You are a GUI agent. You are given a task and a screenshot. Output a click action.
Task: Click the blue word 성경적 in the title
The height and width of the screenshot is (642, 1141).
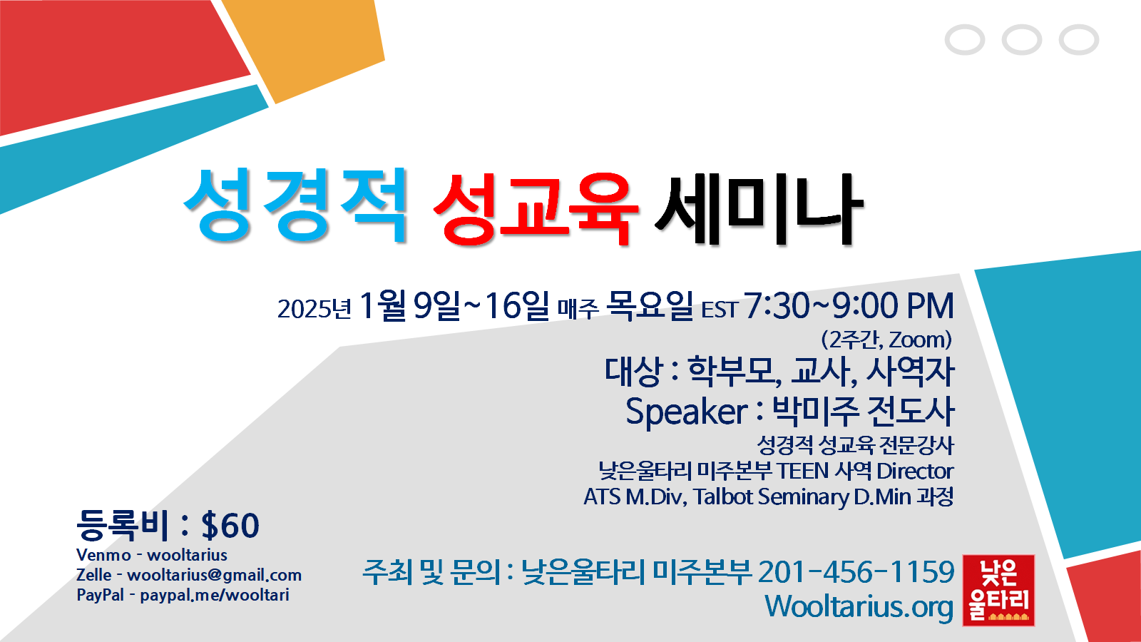coord(295,205)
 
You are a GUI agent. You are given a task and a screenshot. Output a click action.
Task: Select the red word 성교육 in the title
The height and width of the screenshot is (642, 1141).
coord(536,209)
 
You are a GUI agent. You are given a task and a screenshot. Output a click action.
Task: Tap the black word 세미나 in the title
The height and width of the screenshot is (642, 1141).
coord(759,209)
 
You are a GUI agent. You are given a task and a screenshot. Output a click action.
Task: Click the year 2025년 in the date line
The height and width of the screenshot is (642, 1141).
coord(314,309)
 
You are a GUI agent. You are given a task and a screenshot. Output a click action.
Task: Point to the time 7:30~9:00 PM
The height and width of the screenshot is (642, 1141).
coord(849,306)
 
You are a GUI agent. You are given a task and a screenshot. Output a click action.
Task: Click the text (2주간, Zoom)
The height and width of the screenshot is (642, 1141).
coord(886,340)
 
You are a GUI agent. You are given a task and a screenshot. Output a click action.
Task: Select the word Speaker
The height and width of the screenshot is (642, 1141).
coord(686,412)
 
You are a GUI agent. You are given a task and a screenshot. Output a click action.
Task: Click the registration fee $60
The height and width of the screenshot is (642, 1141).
coord(230,526)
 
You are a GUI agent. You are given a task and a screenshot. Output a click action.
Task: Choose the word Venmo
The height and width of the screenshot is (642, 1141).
coord(103,555)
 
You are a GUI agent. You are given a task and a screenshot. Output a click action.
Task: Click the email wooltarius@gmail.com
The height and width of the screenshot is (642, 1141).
coord(215,575)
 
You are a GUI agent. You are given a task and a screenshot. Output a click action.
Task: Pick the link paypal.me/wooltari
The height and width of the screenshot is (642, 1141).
coord(215,595)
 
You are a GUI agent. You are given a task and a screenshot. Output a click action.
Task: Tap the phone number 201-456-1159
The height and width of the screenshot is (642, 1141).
coord(856,571)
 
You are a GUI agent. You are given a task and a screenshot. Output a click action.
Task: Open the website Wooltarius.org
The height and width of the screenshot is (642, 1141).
coord(859,607)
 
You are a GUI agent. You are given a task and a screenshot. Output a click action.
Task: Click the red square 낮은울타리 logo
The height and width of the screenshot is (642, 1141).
coord(998,590)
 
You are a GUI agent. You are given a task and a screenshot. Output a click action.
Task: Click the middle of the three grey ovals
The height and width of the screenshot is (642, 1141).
coord(1022,39)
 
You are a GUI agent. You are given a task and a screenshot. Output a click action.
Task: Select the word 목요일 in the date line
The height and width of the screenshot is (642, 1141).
coord(650,306)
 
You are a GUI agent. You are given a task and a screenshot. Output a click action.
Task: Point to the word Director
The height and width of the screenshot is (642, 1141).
coord(915,472)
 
